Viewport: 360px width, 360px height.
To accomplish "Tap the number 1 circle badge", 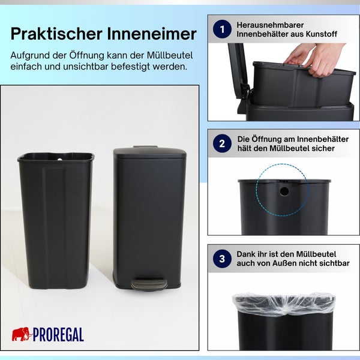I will [223, 29].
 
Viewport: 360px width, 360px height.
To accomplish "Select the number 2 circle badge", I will [223, 143].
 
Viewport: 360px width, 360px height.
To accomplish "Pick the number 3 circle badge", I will [223, 259].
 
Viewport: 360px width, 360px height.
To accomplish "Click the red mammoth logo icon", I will [20, 334].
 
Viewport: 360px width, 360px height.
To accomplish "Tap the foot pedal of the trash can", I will [149, 283].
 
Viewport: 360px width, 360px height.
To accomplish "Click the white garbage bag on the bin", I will [283, 304].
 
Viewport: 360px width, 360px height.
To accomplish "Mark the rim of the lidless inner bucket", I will [55, 158].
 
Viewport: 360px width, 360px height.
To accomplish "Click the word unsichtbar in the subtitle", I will [91, 66].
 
